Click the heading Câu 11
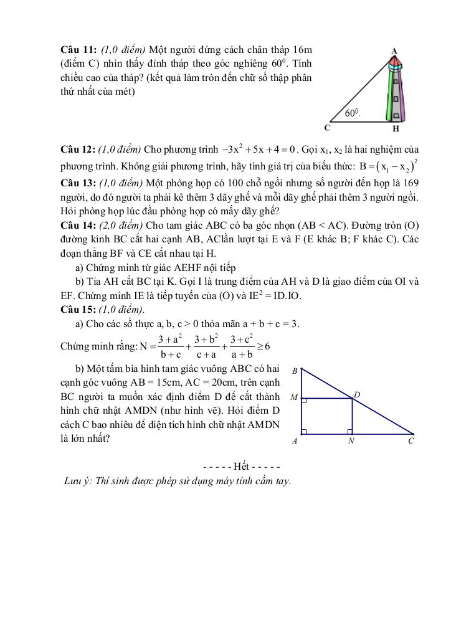[x=78, y=49]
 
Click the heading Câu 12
[x=78, y=150]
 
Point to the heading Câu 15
[x=78, y=309]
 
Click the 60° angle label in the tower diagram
[x=353, y=113]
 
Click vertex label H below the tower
[x=396, y=129]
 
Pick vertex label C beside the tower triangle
[x=328, y=128]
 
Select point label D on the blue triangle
[x=357, y=394]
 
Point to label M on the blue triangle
[x=293, y=398]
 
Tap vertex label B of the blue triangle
[x=294, y=370]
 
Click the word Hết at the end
[x=241, y=467]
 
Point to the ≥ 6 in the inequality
[x=262, y=346]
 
